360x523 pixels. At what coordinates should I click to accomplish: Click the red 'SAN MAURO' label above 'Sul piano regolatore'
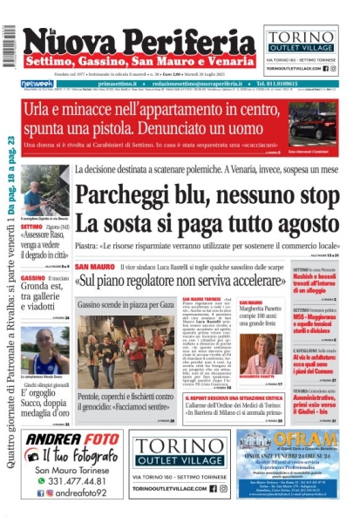[93, 266]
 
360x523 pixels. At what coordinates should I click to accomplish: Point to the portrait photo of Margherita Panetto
[262, 358]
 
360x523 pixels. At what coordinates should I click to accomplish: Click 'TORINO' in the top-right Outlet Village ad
[308, 36]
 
